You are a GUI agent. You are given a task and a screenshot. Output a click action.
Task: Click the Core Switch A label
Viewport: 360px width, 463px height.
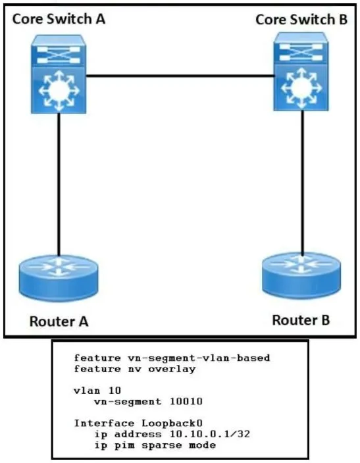coord(59,19)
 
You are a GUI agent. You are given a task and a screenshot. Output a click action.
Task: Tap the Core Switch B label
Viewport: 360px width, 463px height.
coord(301,20)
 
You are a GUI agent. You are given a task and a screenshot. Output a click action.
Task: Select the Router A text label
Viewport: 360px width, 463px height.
coord(59,321)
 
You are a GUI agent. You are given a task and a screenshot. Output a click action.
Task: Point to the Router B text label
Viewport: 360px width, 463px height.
coord(301,320)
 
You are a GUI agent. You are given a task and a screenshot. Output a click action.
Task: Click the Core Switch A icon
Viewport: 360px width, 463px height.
coord(59,74)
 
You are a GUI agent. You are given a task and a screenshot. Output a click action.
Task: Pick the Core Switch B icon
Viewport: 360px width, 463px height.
coord(301,71)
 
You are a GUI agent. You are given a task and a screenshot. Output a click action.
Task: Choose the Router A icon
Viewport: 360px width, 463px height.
coord(59,278)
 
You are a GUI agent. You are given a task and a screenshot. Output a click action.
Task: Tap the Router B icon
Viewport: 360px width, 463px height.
coord(301,276)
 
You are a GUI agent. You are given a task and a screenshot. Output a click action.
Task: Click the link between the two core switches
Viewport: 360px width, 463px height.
coord(180,76)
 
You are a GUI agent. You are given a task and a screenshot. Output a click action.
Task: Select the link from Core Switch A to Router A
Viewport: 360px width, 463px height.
coord(59,184)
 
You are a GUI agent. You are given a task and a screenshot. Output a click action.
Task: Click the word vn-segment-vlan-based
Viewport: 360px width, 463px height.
coord(199,358)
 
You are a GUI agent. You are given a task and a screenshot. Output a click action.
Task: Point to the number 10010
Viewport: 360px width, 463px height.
coord(186,402)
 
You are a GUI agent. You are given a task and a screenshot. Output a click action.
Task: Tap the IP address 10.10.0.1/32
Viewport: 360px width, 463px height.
coord(210,434)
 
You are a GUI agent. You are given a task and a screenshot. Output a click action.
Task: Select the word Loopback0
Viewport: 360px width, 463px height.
coord(172,423)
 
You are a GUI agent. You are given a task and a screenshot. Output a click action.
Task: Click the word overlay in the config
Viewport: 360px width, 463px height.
coord(172,369)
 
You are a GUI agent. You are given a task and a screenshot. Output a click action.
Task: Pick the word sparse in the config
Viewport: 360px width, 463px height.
coord(162,445)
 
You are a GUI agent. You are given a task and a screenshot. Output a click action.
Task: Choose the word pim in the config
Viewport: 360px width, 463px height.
coord(124,445)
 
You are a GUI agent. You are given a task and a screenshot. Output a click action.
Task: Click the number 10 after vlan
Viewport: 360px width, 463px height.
coord(115,391)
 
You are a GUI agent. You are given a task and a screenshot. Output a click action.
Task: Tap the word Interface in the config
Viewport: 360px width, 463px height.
coord(104,423)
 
